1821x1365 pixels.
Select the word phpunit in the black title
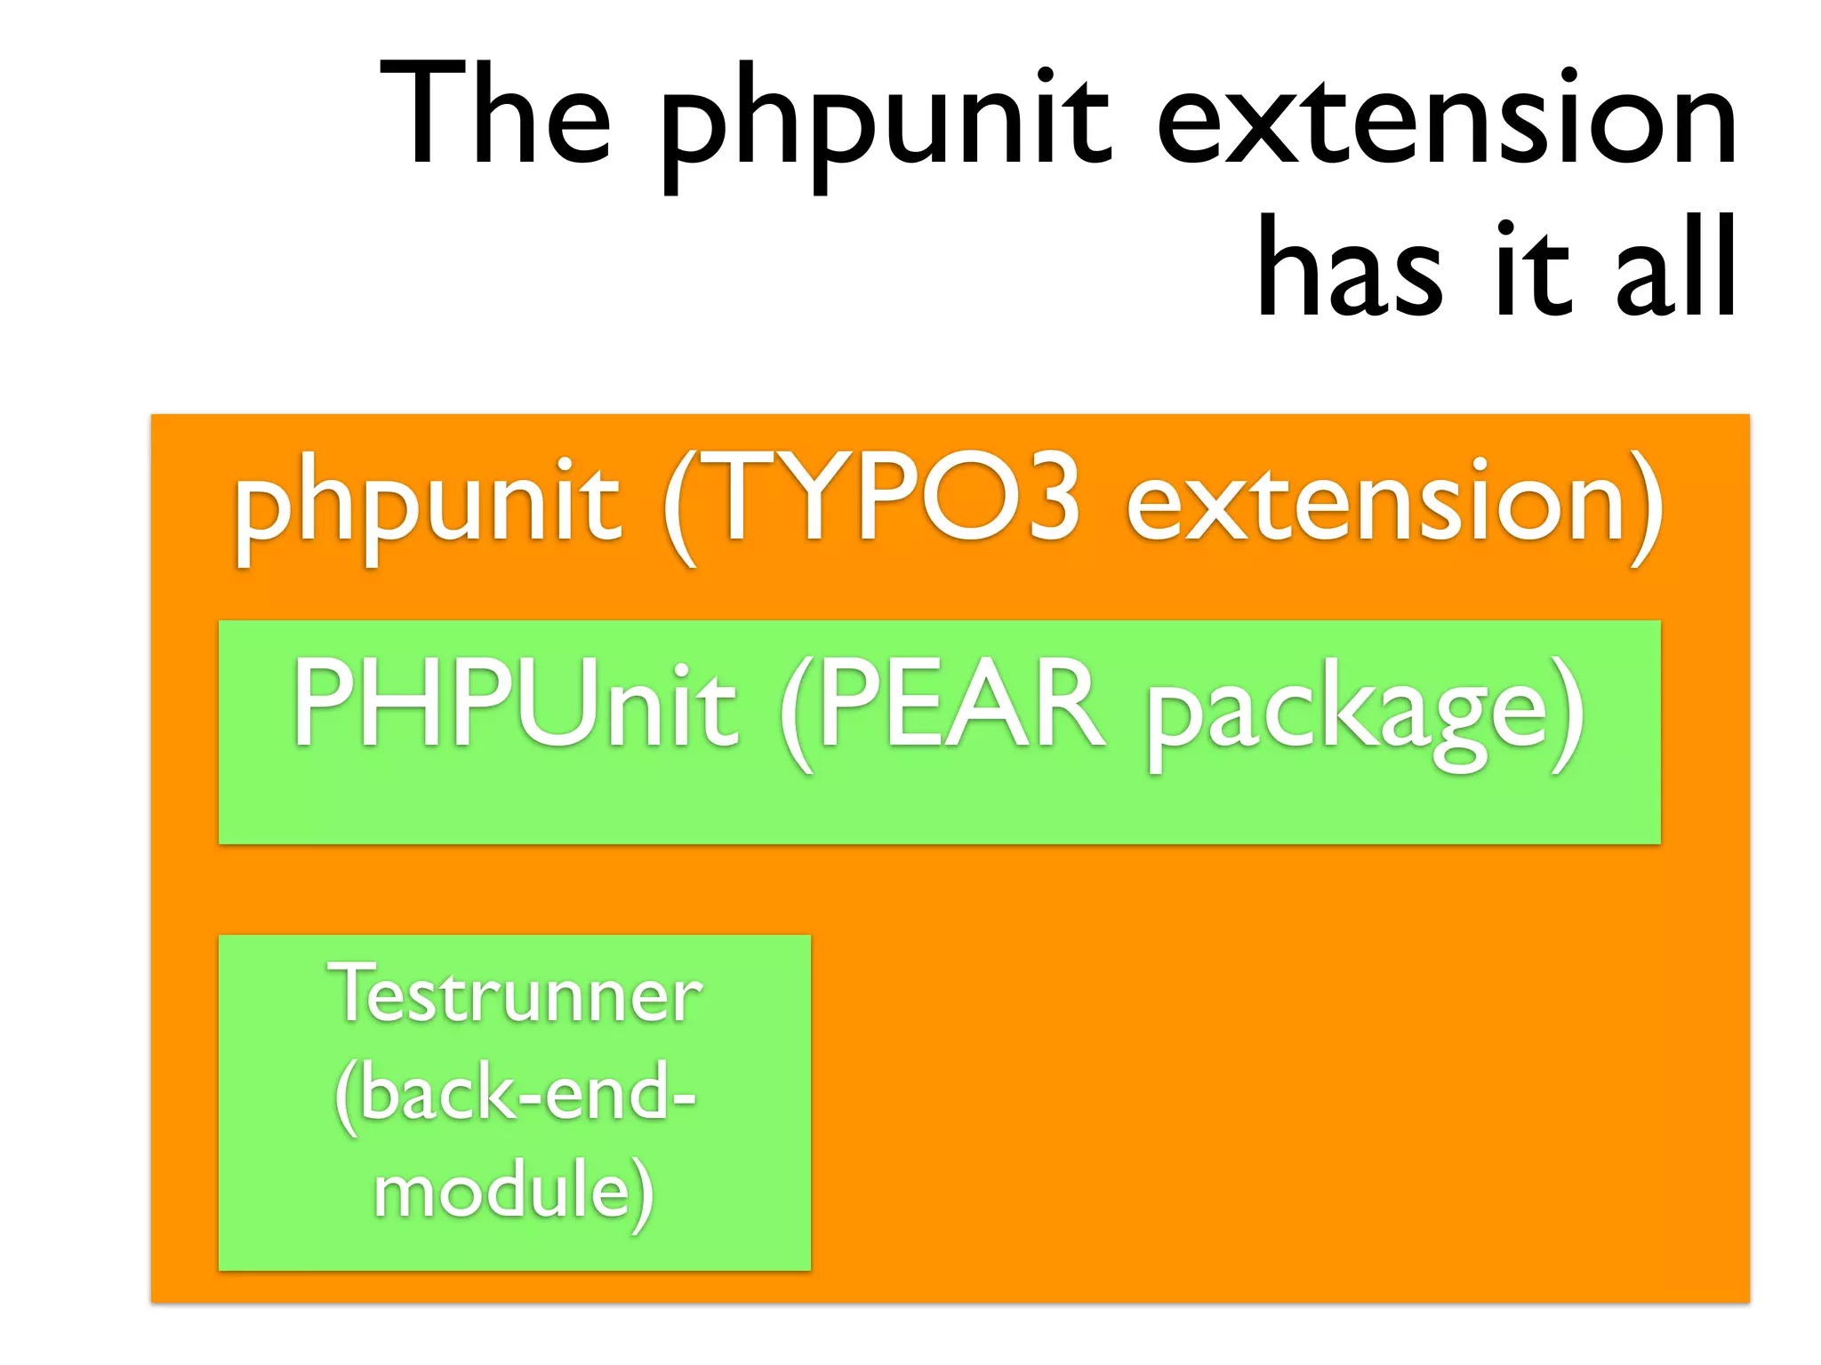885,124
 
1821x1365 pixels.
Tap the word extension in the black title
1447,116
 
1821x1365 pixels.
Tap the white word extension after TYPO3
1374,502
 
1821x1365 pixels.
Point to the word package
1347,715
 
